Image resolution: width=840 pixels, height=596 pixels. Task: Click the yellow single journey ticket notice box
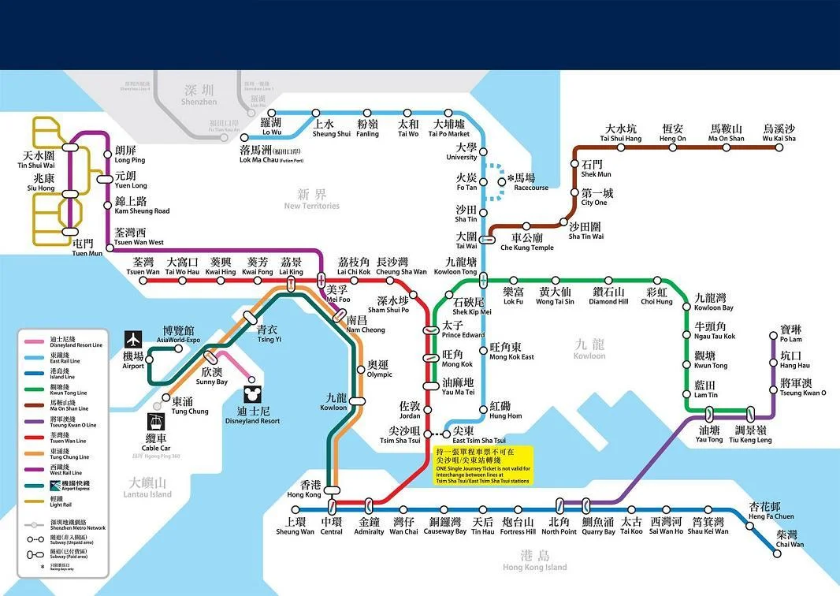(484, 465)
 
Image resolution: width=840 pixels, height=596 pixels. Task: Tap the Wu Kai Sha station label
(779, 133)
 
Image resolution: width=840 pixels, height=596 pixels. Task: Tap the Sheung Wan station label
(295, 527)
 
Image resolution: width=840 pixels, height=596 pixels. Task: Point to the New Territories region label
(311, 199)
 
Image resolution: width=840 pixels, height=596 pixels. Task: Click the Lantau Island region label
(147, 489)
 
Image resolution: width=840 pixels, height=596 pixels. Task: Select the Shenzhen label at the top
(199, 95)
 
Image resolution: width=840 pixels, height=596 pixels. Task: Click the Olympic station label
(379, 370)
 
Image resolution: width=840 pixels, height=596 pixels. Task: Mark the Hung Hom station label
(505, 410)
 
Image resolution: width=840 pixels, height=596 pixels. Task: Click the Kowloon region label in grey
(589, 349)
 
